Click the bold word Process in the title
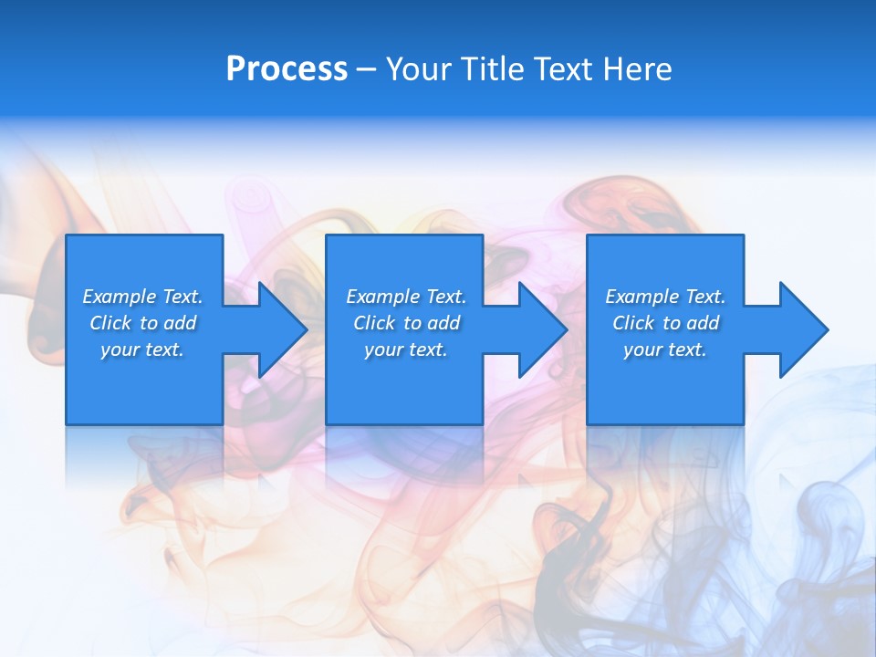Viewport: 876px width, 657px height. pos(287,69)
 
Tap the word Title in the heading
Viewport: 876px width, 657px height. pos(494,69)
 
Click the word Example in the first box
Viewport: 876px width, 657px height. pos(120,297)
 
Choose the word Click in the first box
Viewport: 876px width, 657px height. pos(110,323)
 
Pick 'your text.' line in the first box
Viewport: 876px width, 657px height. pos(142,349)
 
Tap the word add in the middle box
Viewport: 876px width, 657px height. pos(443,323)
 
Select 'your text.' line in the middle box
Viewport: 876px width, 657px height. pos(406,349)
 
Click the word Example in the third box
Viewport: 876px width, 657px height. pos(642,297)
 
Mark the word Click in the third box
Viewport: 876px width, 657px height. pos(633,323)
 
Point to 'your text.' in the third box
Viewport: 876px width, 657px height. pos(665,349)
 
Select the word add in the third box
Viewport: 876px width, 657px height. pos(703,323)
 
